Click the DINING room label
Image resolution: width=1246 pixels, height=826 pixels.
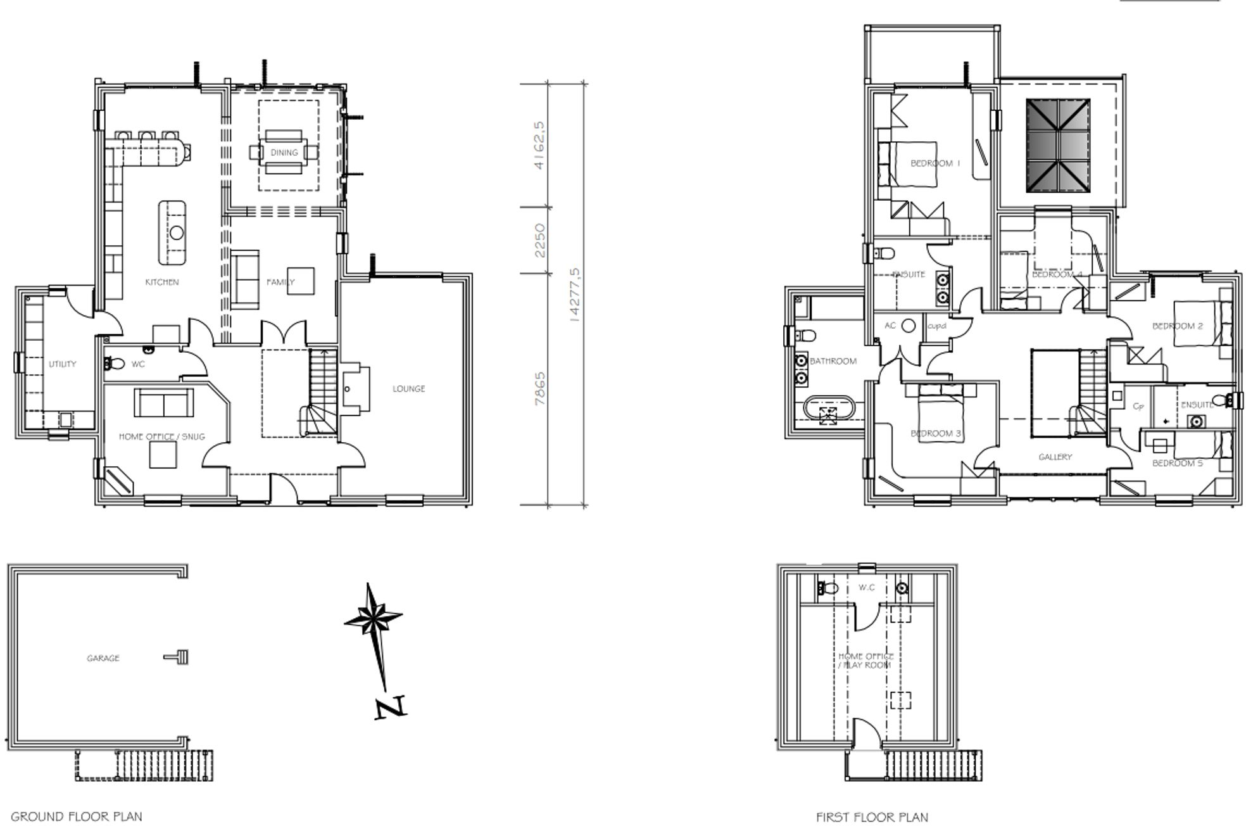coord(284,153)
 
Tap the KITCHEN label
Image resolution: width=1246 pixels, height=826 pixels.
coord(162,282)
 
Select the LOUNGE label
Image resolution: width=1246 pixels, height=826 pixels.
coord(408,388)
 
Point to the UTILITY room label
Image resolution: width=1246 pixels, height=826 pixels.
coord(62,364)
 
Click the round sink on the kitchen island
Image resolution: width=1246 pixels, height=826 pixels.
coord(177,232)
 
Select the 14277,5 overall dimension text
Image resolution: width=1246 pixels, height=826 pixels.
coord(575,295)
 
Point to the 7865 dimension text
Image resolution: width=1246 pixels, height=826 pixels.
coord(539,388)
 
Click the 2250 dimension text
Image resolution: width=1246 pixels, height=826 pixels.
coord(539,240)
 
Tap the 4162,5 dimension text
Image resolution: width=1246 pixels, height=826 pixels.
coord(539,145)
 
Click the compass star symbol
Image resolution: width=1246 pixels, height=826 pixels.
coord(374,616)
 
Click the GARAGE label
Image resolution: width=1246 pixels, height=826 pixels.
coord(103,658)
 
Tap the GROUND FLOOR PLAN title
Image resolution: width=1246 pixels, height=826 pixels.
coord(77,816)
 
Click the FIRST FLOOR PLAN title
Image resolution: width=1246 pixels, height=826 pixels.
coord(872,818)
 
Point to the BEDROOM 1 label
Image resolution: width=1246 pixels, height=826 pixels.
coord(935,163)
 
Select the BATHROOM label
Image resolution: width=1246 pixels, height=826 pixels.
coord(833,361)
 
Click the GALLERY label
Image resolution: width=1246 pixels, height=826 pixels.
coord(1055,457)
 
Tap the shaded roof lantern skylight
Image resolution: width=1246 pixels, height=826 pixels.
coord(1058,145)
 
